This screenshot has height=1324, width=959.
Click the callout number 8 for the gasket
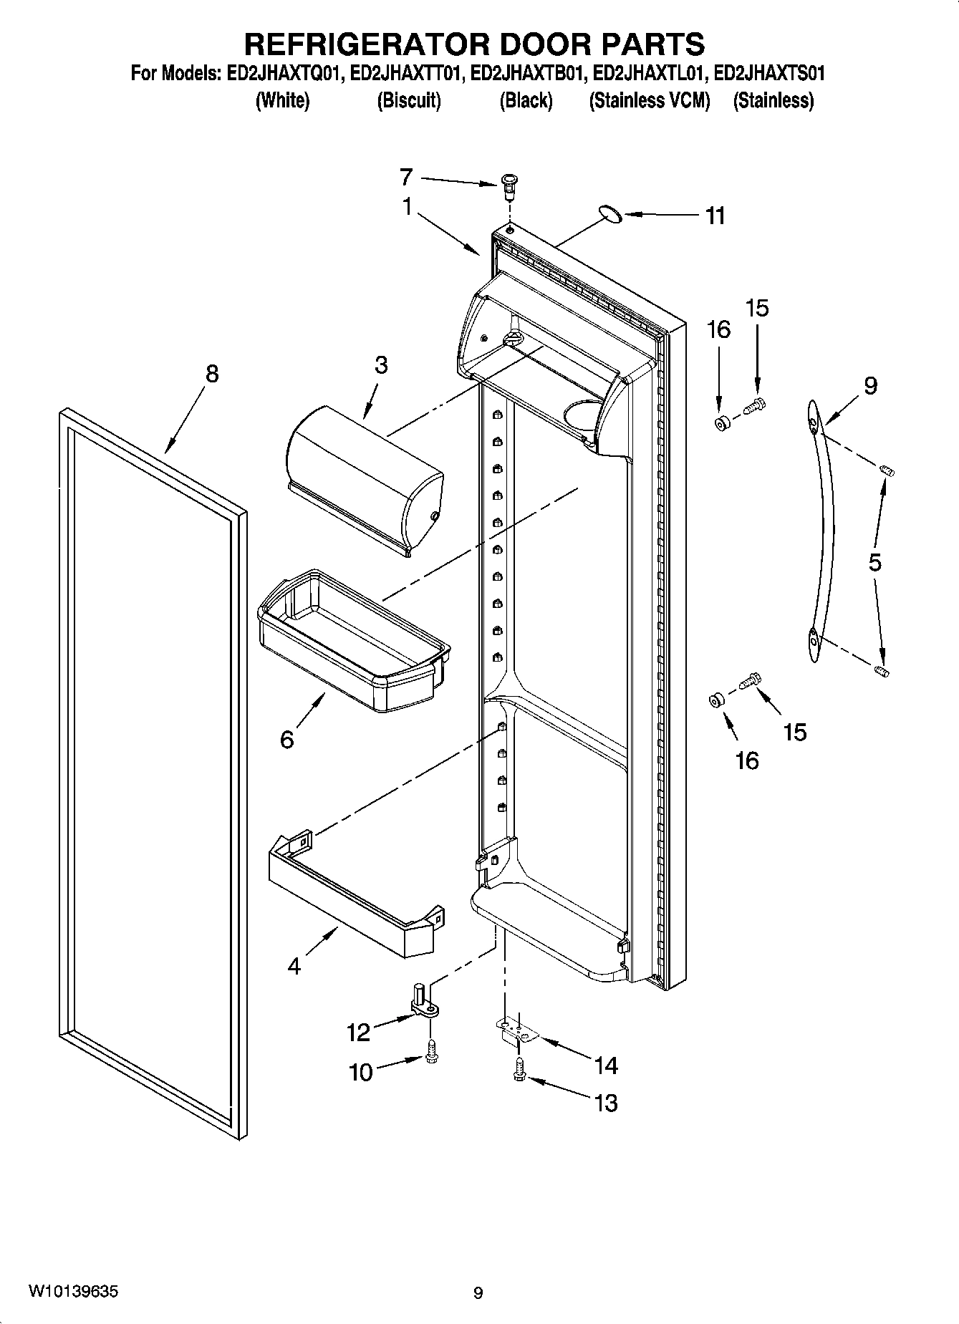212,375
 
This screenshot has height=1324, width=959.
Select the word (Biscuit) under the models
409,100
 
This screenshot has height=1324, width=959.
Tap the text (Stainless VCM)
649,100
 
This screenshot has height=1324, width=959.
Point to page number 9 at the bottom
478,1292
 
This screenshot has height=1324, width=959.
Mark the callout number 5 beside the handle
875,562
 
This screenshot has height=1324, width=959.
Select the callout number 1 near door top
407,208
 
